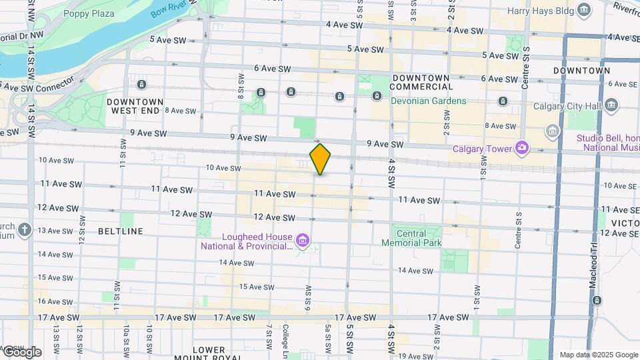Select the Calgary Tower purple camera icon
(522, 147)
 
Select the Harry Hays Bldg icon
(585, 9)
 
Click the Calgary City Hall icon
(612, 106)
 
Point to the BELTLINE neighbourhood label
(120, 231)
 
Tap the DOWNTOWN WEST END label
(133, 105)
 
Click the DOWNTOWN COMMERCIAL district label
(421, 82)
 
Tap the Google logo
(22, 351)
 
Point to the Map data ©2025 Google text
(598, 355)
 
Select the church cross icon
(25, 230)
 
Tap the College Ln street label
(285, 337)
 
